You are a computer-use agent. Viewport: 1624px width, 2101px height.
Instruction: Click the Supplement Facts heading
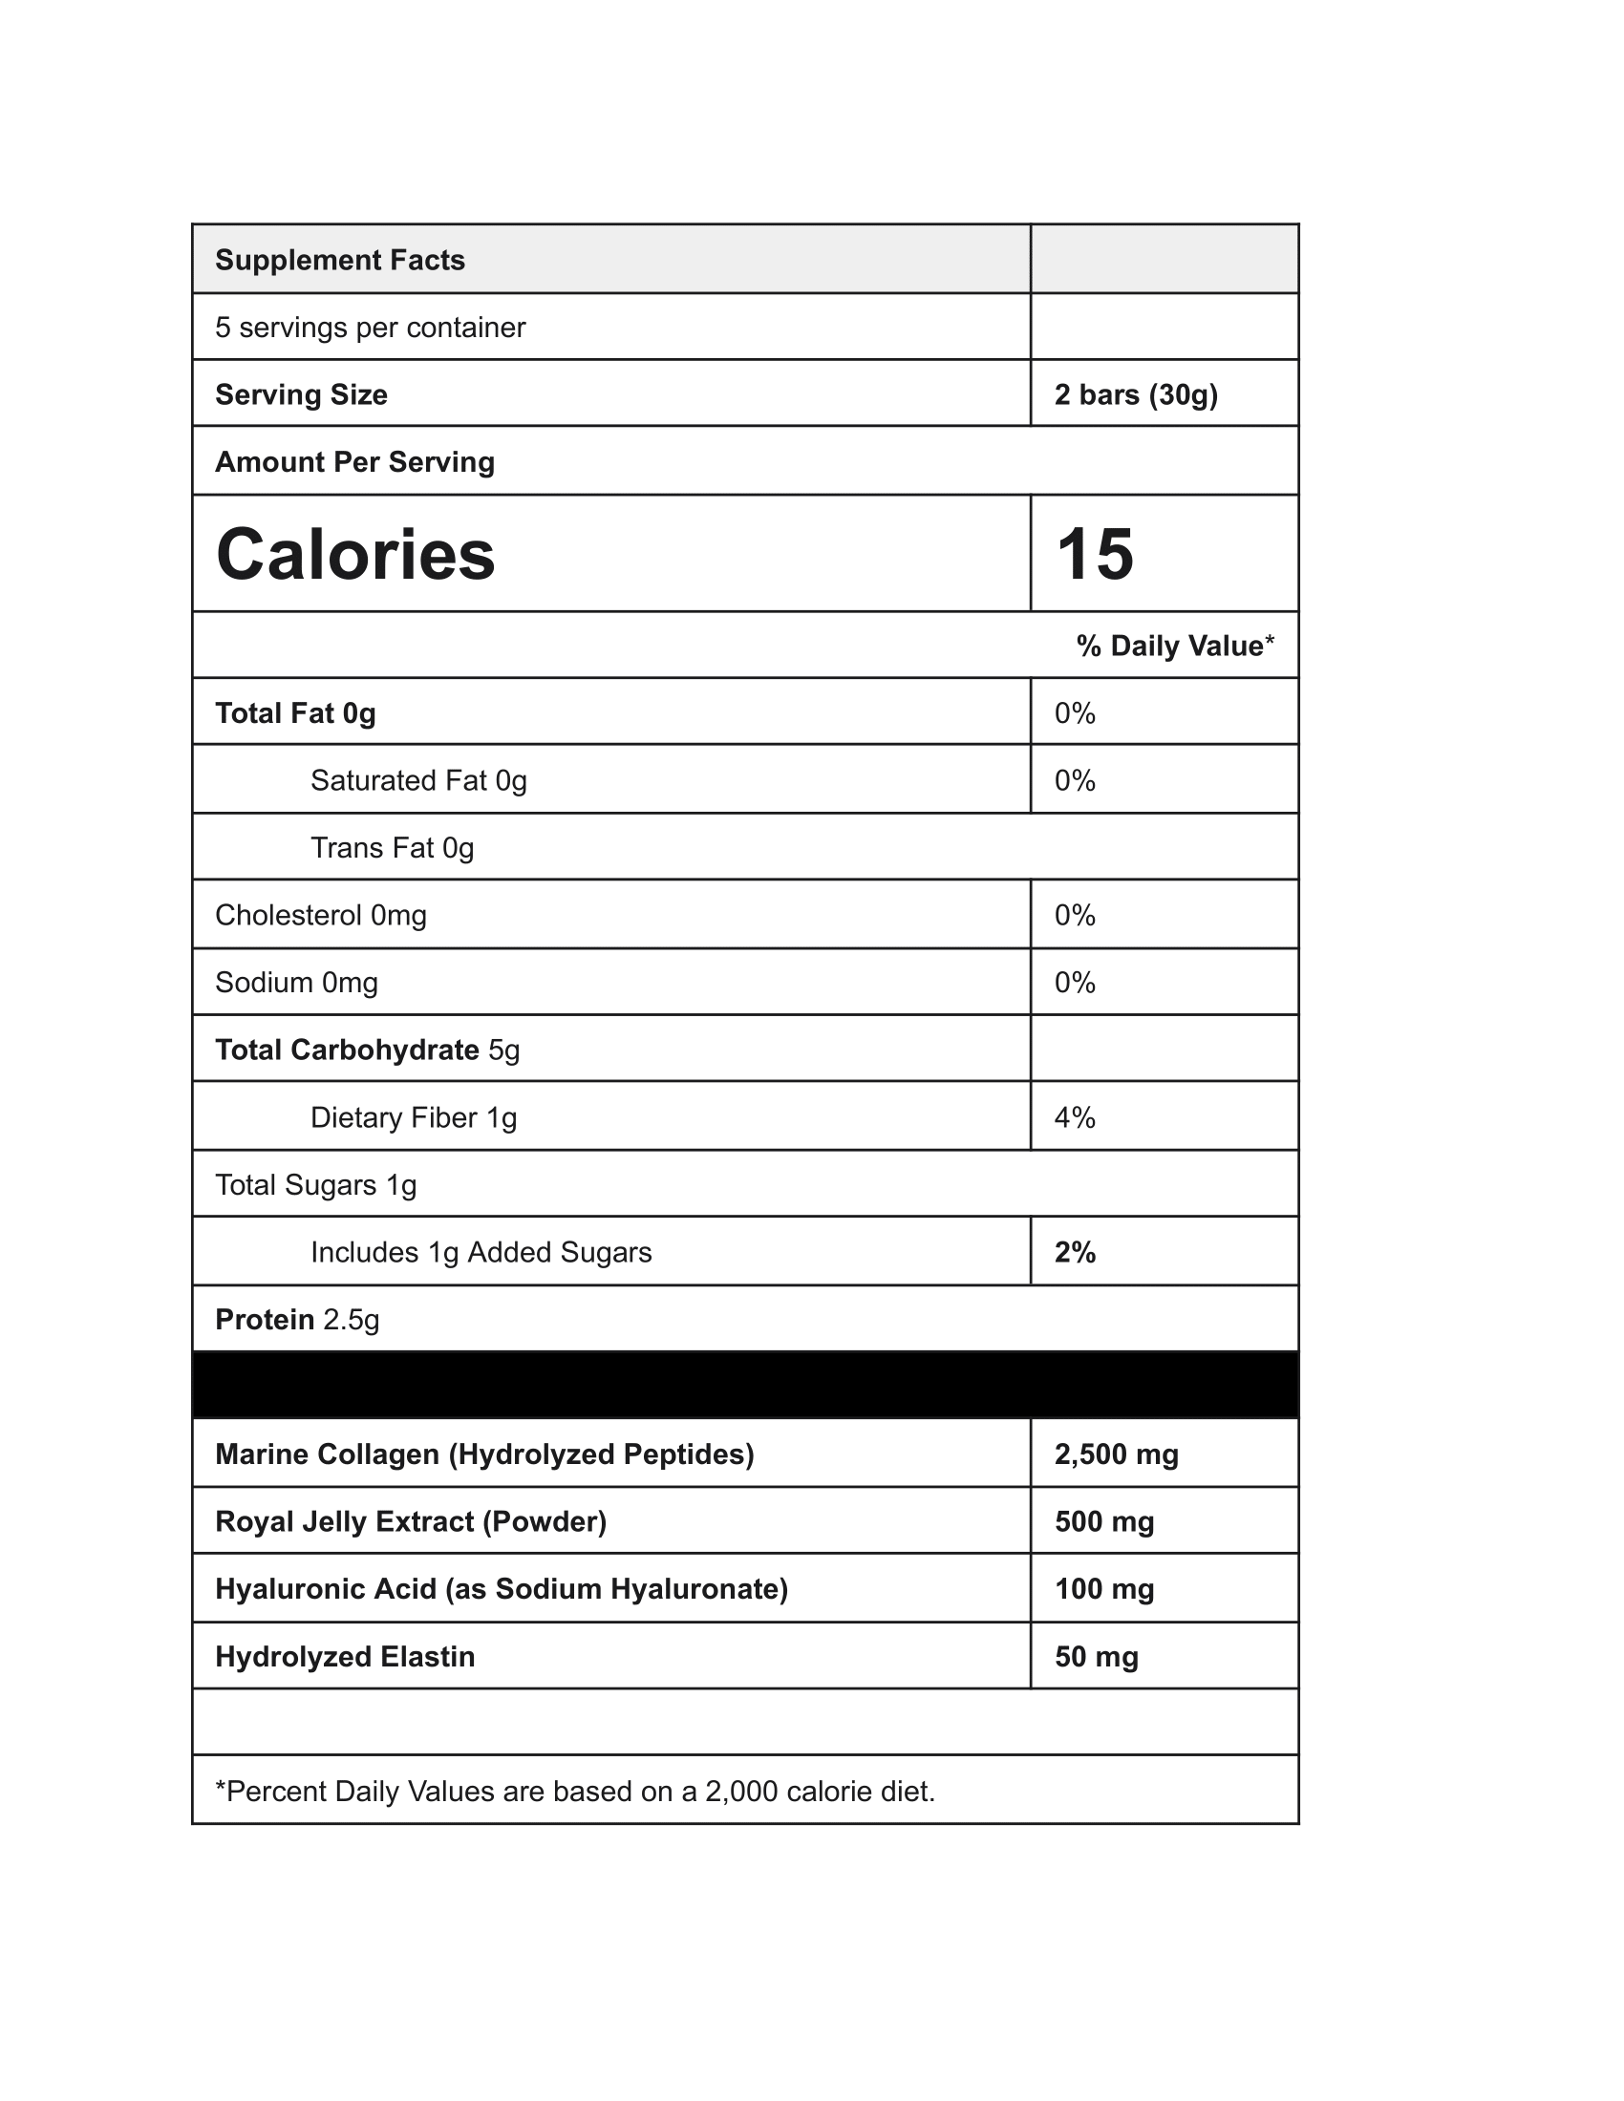(340, 260)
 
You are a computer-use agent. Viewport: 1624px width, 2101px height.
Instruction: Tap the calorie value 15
(1095, 555)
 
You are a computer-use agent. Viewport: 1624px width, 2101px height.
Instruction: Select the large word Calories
(355, 555)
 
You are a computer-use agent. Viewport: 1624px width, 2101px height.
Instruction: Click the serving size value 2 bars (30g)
(1136, 394)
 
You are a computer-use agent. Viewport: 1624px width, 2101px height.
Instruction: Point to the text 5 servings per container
(371, 327)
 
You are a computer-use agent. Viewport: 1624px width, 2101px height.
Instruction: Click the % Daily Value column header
(1175, 646)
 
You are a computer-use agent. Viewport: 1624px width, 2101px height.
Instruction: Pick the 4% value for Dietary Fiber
(1075, 1117)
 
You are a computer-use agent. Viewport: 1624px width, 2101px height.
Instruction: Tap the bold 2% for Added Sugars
(1075, 1252)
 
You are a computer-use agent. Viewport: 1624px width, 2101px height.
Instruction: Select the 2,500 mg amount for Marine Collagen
(1116, 1454)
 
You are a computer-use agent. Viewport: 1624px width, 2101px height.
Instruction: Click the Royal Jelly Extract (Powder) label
(411, 1521)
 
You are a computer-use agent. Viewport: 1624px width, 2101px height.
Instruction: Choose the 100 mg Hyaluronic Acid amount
(1104, 1588)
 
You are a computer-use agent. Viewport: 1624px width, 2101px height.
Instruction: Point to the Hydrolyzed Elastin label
(345, 1657)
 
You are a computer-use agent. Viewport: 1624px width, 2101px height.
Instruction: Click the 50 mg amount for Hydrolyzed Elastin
(1096, 1657)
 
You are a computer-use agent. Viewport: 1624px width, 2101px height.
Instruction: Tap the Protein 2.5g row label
(297, 1319)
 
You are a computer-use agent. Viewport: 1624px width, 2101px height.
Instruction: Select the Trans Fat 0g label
(393, 847)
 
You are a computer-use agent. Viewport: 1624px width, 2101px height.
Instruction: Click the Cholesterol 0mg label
(320, 915)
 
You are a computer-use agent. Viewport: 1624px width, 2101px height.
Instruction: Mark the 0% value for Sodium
(1075, 982)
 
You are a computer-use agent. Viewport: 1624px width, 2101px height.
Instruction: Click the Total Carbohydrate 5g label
(367, 1050)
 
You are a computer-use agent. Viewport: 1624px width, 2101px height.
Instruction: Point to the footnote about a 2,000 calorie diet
(575, 1792)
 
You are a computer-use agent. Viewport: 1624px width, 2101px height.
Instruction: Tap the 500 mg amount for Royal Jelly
(1104, 1521)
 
